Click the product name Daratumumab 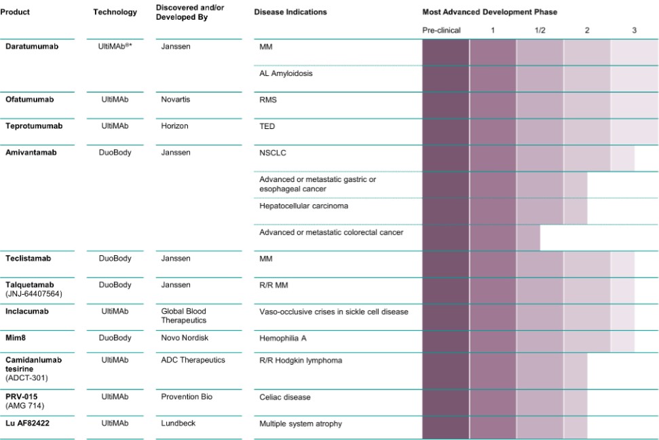pyautogui.click(x=32, y=46)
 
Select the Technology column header pyautogui.click(x=115, y=12)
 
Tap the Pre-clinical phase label pyautogui.click(x=441, y=31)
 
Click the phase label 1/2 pyautogui.click(x=540, y=31)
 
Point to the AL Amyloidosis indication pyautogui.click(x=286, y=73)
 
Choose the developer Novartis pyautogui.click(x=176, y=99)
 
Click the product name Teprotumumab pyautogui.click(x=34, y=126)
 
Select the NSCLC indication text pyautogui.click(x=273, y=153)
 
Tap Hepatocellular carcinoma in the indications pyautogui.click(x=304, y=206)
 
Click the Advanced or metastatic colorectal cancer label pyautogui.click(x=331, y=232)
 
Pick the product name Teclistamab pyautogui.click(x=28, y=258)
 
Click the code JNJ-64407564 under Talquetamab pyautogui.click(x=34, y=293)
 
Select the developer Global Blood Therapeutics pyautogui.click(x=184, y=316)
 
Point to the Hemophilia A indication pyautogui.click(x=283, y=338)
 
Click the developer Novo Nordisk pyautogui.click(x=185, y=337)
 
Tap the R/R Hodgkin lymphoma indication pyautogui.click(x=301, y=361)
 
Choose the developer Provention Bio pyautogui.click(x=187, y=397)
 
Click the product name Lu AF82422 pyautogui.click(x=27, y=423)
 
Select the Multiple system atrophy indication pyautogui.click(x=301, y=424)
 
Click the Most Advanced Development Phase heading pyautogui.click(x=489, y=12)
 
